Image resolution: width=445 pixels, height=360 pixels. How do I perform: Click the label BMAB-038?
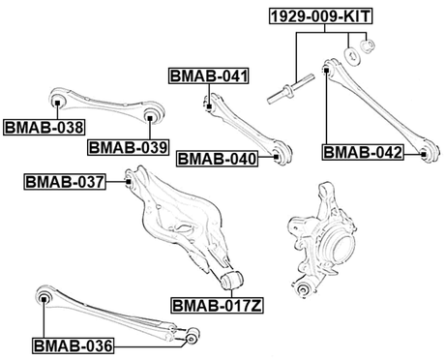44,125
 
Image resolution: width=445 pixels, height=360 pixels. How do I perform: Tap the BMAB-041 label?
209,75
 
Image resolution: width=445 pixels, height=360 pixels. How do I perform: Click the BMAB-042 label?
362,152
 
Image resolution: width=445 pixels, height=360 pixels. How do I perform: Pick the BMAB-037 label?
63,179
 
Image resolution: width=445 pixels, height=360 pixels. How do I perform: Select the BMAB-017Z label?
219,306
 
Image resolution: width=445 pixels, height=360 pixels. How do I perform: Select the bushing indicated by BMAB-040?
279,153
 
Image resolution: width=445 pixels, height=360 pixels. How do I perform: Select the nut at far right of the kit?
369,46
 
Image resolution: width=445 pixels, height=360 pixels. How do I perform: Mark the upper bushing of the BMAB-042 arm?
327,69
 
